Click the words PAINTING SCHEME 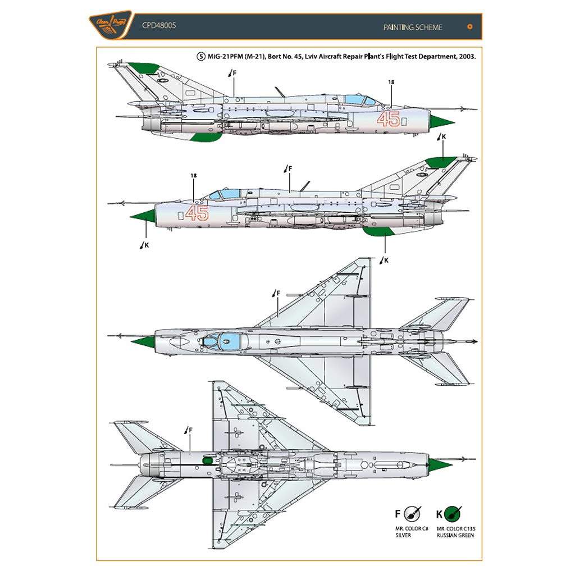pyautogui.click(x=413, y=27)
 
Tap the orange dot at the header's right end pyautogui.click(x=469, y=26)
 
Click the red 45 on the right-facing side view pyautogui.click(x=389, y=119)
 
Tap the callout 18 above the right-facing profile pyautogui.click(x=391, y=83)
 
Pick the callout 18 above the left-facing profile pyautogui.click(x=194, y=176)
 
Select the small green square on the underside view pyautogui.click(x=206, y=460)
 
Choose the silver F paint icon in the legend pyautogui.click(x=414, y=513)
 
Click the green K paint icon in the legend pyautogui.click(x=453, y=513)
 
